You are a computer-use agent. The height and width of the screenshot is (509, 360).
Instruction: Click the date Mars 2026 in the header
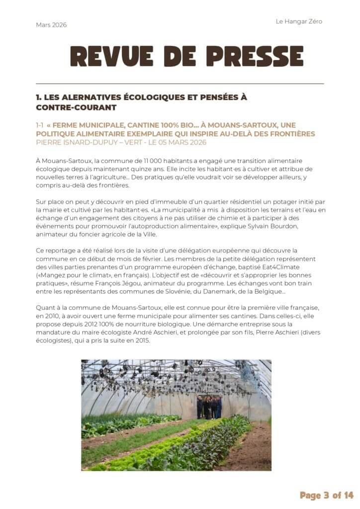51,25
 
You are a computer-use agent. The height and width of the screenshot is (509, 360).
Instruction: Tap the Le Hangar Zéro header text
299,21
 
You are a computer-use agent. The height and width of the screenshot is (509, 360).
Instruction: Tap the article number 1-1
41,125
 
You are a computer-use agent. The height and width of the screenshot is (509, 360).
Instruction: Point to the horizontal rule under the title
180,83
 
